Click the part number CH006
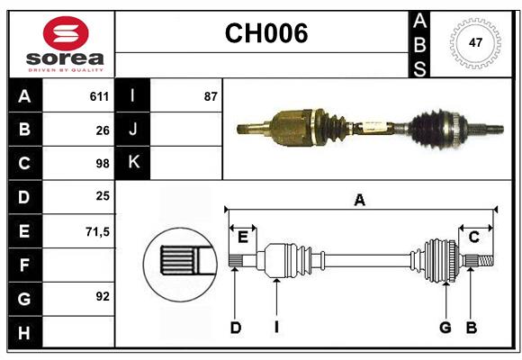(265, 33)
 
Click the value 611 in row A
(99, 96)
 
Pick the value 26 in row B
(102, 130)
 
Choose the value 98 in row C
(102, 164)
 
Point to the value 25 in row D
(102, 196)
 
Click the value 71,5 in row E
(97, 231)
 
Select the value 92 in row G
(102, 296)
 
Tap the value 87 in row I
(211, 96)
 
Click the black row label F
(24, 265)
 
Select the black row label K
(133, 163)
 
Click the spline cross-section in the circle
(178, 263)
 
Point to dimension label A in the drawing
(360, 200)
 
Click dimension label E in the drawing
(243, 237)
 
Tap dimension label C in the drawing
(473, 237)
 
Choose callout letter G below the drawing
(445, 328)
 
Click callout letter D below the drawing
(235, 328)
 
